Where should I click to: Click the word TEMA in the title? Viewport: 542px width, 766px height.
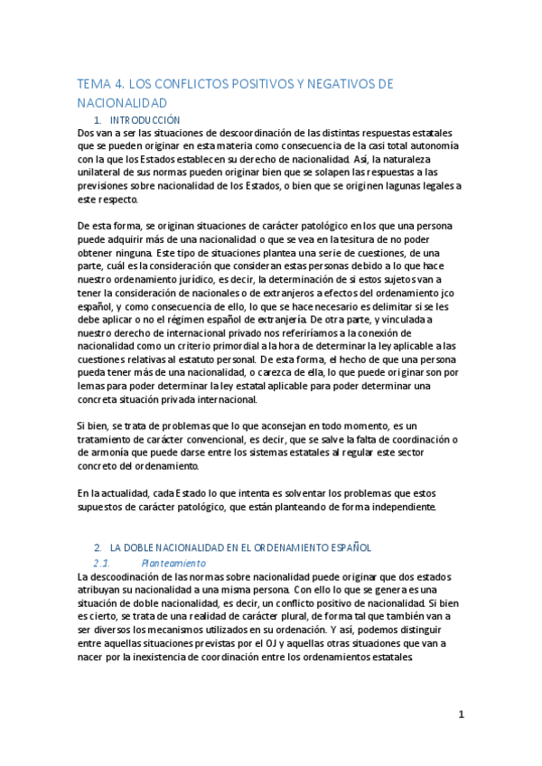click(95, 84)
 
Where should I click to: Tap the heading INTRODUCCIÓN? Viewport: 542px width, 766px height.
click(145, 120)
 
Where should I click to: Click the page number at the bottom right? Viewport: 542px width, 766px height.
click(461, 715)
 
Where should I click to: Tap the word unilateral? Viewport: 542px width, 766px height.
click(104, 173)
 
